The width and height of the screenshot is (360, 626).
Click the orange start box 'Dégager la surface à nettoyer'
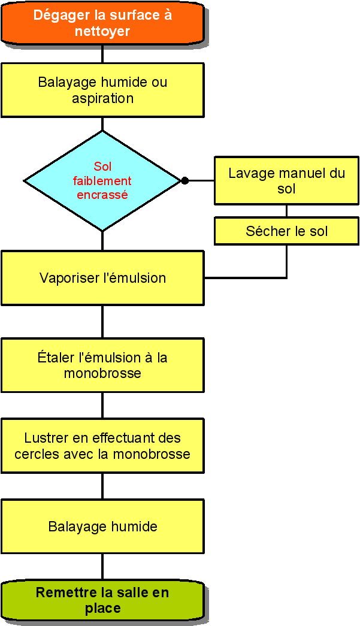(x=102, y=23)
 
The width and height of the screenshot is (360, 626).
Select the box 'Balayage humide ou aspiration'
(x=102, y=90)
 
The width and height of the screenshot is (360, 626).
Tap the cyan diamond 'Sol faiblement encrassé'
(x=102, y=181)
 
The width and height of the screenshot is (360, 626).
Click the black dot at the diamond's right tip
(x=184, y=181)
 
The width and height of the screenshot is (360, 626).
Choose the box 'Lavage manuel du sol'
(x=286, y=180)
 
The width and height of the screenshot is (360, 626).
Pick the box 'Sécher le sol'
(x=286, y=231)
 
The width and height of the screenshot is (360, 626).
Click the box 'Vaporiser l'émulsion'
(x=102, y=278)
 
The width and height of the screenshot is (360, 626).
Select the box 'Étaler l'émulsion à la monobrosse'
(x=102, y=365)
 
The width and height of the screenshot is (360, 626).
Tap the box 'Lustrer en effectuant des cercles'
(x=102, y=446)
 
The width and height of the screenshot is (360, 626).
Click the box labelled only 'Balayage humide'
(x=102, y=526)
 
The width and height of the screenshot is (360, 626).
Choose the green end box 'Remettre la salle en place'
(x=102, y=600)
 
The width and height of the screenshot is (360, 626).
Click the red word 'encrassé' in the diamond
(x=102, y=195)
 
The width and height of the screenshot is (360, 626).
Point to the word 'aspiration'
(x=102, y=99)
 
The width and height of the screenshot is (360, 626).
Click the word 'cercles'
(x=34, y=454)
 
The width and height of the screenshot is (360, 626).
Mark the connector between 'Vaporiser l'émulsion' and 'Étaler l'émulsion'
(x=102, y=322)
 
